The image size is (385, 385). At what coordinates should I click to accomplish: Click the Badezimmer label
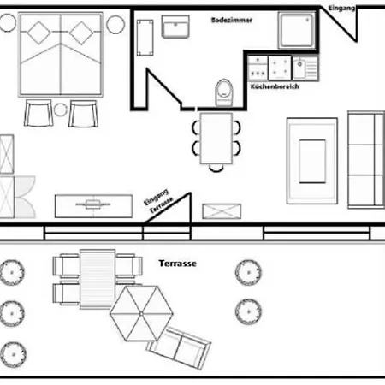(232, 20)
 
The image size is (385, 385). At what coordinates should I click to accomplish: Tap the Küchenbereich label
(275, 86)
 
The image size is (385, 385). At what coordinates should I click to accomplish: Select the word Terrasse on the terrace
(178, 264)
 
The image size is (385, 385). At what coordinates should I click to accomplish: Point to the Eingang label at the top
(341, 9)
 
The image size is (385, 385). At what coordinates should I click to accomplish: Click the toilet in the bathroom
(224, 92)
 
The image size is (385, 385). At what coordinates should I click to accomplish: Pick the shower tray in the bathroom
(297, 30)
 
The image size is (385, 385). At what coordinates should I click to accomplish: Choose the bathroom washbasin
(175, 27)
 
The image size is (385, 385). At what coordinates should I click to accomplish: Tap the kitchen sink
(305, 68)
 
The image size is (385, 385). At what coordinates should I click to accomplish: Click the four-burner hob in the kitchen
(280, 68)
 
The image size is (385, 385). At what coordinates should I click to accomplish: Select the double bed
(61, 54)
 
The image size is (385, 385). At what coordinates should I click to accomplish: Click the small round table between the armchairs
(61, 110)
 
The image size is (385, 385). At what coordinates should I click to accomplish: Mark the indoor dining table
(216, 139)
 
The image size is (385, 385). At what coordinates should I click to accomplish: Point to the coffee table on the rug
(312, 162)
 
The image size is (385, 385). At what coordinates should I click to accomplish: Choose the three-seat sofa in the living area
(366, 160)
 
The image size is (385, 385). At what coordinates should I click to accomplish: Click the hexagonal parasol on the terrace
(141, 313)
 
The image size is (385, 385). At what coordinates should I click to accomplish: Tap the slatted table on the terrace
(98, 279)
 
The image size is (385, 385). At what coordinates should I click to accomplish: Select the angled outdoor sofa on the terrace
(179, 348)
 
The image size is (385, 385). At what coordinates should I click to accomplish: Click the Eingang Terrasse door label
(158, 201)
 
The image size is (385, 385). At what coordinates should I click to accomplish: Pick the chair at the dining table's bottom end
(216, 169)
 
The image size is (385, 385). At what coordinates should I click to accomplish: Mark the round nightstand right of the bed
(115, 25)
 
